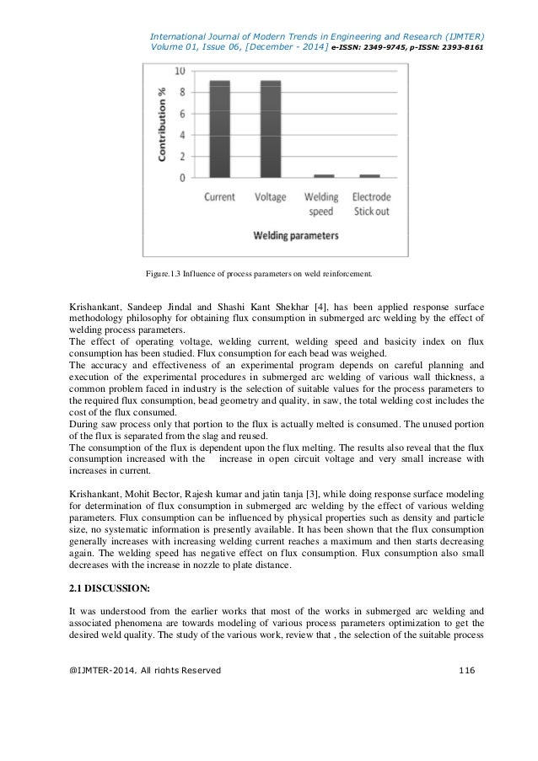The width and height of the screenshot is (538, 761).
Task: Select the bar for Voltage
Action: pos(272,129)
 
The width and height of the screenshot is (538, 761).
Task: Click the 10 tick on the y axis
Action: pos(180,72)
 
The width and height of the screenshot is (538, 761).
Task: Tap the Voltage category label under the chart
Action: pos(272,197)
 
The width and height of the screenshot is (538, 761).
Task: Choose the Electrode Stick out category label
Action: pos(370,204)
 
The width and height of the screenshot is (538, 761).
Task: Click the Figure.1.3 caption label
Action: pos(165,274)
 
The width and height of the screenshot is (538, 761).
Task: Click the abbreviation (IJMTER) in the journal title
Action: pos(462,36)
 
